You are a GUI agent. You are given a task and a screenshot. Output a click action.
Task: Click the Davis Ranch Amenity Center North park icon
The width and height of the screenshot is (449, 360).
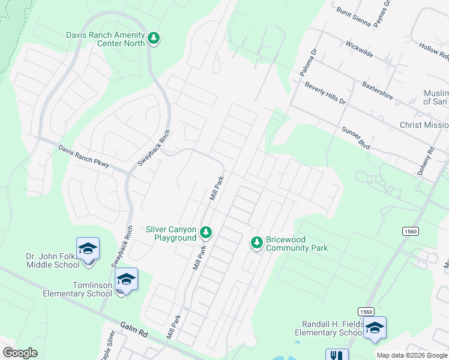click(154, 38)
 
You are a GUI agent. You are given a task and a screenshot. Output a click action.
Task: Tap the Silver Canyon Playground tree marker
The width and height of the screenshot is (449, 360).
click(206, 232)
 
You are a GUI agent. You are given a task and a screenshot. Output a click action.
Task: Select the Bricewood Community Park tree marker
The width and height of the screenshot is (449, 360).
click(256, 242)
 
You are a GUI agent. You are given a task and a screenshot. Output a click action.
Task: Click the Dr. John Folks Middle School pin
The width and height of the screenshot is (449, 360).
click(88, 248)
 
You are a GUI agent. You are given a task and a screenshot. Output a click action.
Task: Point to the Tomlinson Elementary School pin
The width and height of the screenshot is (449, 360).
click(127, 278)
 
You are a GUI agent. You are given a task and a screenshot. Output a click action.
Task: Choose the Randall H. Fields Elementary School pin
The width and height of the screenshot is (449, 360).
click(375, 328)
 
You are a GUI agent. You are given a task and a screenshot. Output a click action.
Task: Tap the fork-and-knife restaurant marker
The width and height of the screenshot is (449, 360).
click(337, 355)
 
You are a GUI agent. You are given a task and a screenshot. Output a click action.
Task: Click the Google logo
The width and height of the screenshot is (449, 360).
click(20, 353)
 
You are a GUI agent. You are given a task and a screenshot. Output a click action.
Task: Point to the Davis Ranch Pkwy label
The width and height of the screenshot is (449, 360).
click(83, 156)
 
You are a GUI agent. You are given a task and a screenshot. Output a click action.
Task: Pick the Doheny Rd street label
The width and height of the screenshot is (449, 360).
click(430, 162)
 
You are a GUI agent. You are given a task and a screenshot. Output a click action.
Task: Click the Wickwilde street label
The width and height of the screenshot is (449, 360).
click(359, 49)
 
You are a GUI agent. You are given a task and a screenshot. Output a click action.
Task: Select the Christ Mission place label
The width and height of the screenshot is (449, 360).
click(424, 125)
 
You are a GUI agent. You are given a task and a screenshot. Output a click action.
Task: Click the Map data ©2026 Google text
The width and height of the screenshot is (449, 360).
click(411, 355)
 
